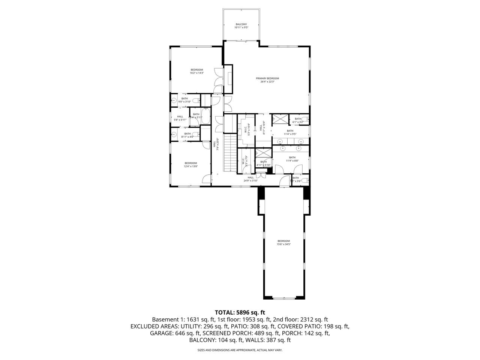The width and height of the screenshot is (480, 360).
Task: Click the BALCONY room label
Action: [241, 24]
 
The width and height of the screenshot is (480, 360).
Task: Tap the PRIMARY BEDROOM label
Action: [267, 78]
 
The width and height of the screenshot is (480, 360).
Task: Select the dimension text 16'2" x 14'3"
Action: [196, 73]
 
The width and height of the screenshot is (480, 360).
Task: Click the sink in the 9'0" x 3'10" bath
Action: [174, 100]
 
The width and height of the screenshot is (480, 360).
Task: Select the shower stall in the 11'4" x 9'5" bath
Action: [279, 118]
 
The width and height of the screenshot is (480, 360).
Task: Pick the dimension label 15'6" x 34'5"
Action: [283, 244]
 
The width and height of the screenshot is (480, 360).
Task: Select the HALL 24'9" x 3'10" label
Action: [250, 179]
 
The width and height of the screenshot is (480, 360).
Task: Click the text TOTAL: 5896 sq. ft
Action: [240, 312]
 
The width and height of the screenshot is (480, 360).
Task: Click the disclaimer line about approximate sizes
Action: [240, 350]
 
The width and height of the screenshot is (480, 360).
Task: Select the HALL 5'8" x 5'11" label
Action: [180, 118]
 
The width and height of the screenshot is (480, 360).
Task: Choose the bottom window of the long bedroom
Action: [283, 298]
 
